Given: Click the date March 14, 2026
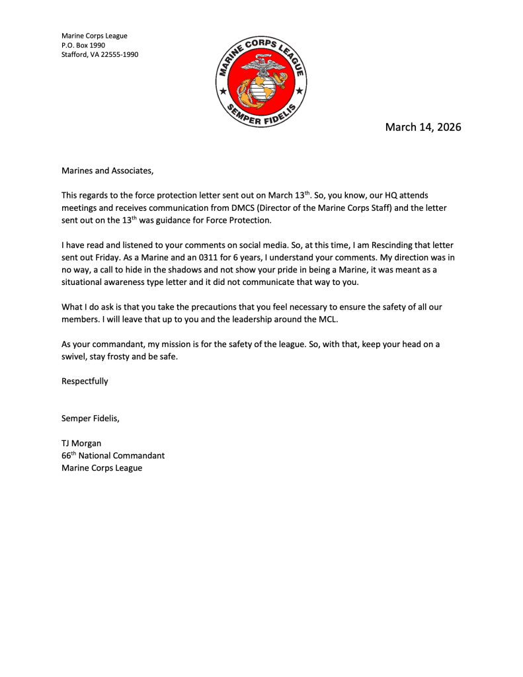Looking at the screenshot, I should point(423,127).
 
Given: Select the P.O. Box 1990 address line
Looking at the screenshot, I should point(83,45).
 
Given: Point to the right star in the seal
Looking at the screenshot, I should point(299,90).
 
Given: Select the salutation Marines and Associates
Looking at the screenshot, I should point(107,171).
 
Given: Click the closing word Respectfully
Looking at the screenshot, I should point(85,381).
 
